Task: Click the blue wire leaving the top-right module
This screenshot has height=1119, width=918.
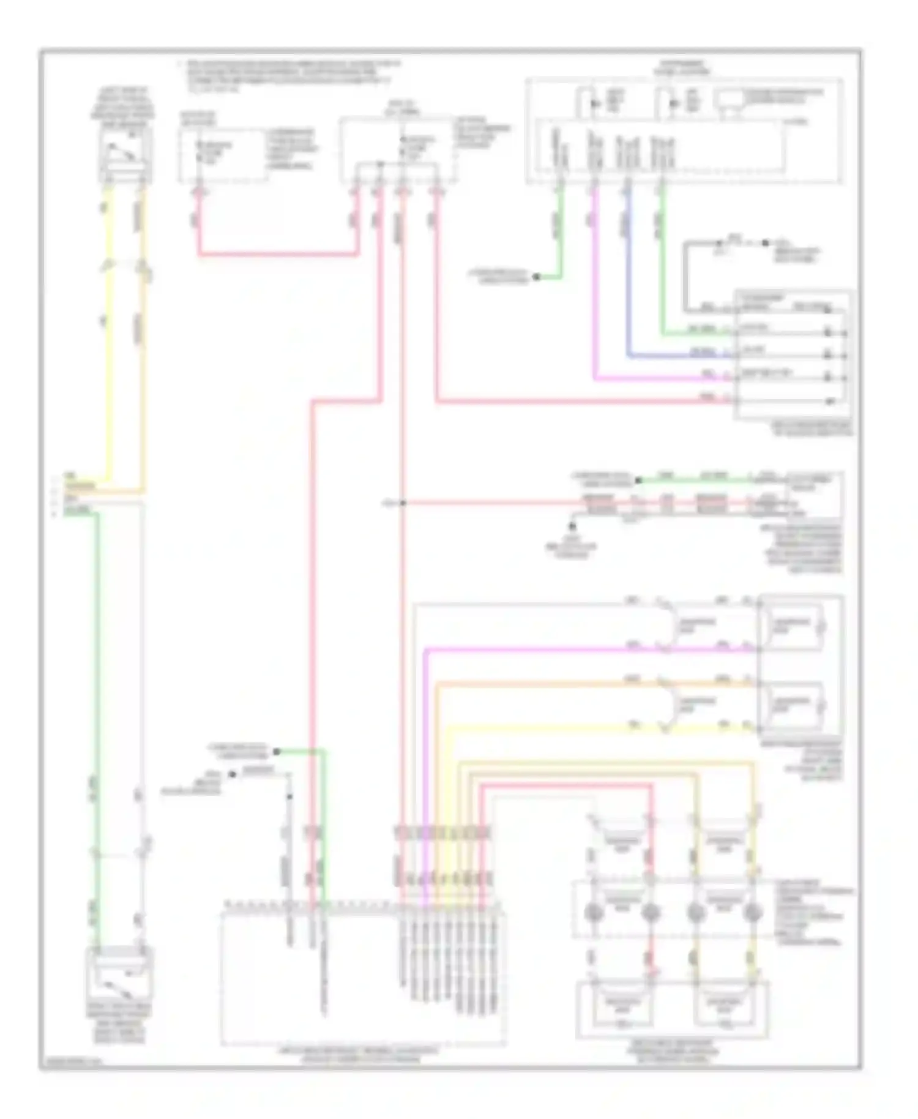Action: tap(627, 275)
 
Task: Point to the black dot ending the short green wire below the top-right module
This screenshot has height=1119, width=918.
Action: tap(536, 277)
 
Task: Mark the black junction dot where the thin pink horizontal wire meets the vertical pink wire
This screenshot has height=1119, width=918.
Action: tap(403, 503)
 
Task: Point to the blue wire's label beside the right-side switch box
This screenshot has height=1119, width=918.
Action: tap(701, 353)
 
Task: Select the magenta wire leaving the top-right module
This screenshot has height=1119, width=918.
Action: tap(594, 275)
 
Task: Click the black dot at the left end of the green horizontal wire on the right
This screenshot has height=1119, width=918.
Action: tap(638, 481)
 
